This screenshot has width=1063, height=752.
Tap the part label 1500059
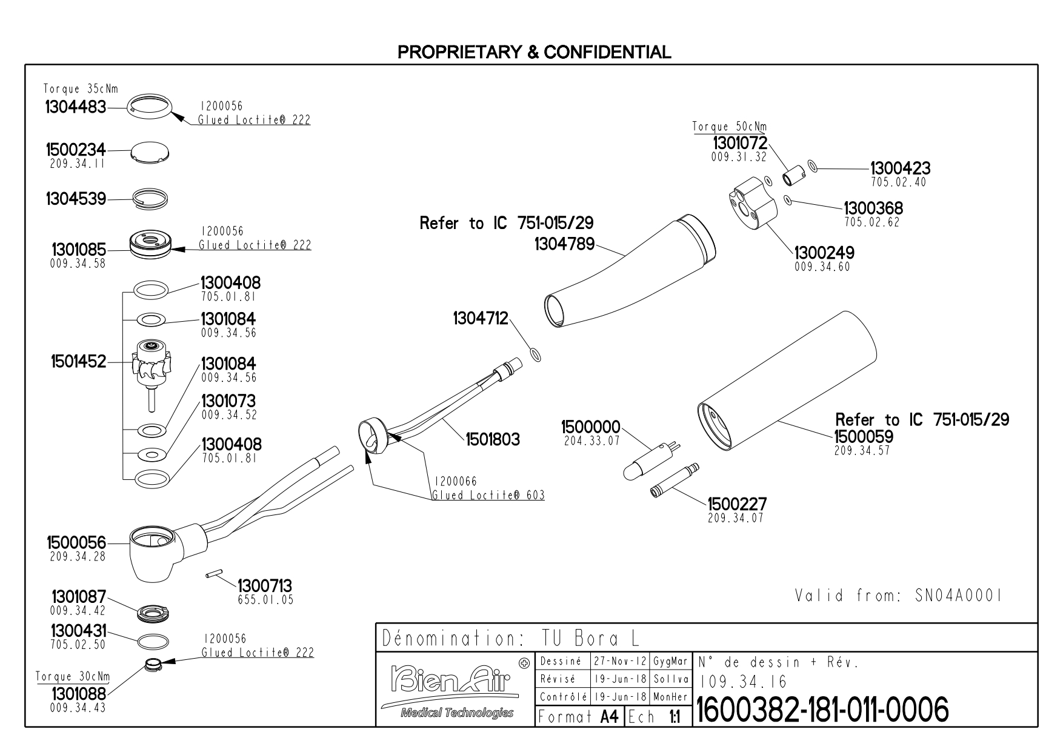tap(864, 436)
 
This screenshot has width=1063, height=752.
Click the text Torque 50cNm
tap(729, 127)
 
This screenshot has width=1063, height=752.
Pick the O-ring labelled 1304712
tap(535, 354)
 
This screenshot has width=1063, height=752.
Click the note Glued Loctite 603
tap(488, 495)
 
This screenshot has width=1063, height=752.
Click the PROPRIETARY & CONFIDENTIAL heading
tap(534, 52)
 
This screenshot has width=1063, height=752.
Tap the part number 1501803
tap(492, 439)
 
